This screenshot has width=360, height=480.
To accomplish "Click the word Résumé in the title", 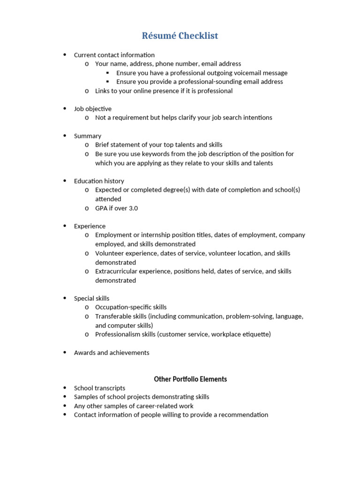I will click(x=158, y=36).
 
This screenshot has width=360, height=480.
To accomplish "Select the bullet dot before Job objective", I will click(x=65, y=109).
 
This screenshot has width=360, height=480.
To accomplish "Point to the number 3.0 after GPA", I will click(x=133, y=208).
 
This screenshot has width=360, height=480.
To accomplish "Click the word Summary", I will click(x=88, y=136).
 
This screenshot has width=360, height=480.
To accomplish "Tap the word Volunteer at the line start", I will click(x=110, y=254).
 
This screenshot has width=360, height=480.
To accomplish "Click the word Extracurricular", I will click(x=116, y=271).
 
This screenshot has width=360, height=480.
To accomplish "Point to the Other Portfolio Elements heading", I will click(x=190, y=379).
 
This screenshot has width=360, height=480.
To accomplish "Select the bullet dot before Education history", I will click(x=65, y=181).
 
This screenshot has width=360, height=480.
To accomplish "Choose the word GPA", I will click(x=101, y=208).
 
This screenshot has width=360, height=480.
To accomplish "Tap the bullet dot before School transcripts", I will click(x=65, y=388).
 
